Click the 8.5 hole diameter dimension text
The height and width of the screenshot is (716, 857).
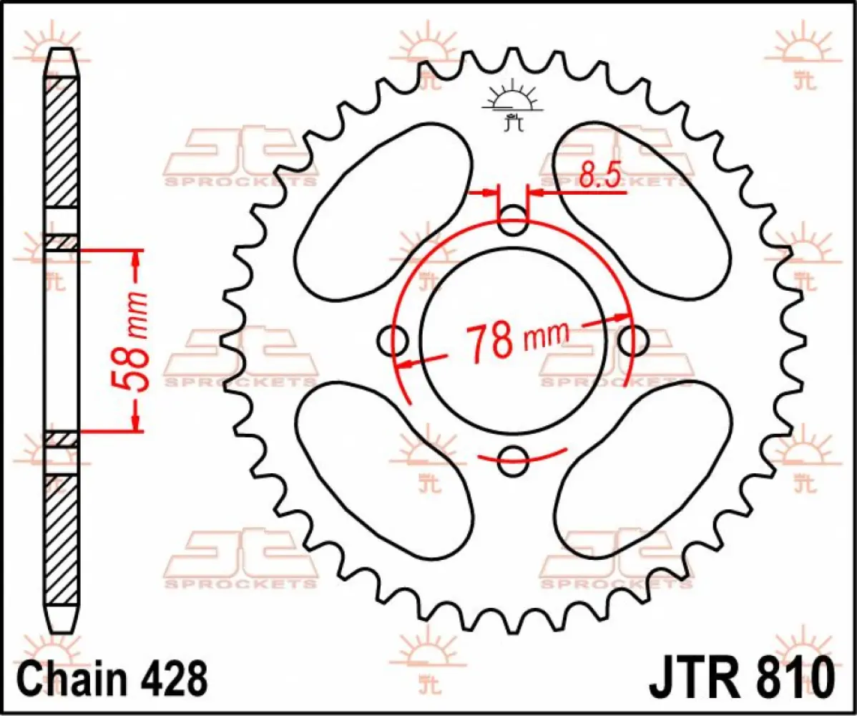599,176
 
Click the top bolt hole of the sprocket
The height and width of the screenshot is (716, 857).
512,221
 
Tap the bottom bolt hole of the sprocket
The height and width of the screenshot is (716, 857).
512,460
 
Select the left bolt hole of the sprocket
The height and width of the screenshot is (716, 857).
393,341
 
